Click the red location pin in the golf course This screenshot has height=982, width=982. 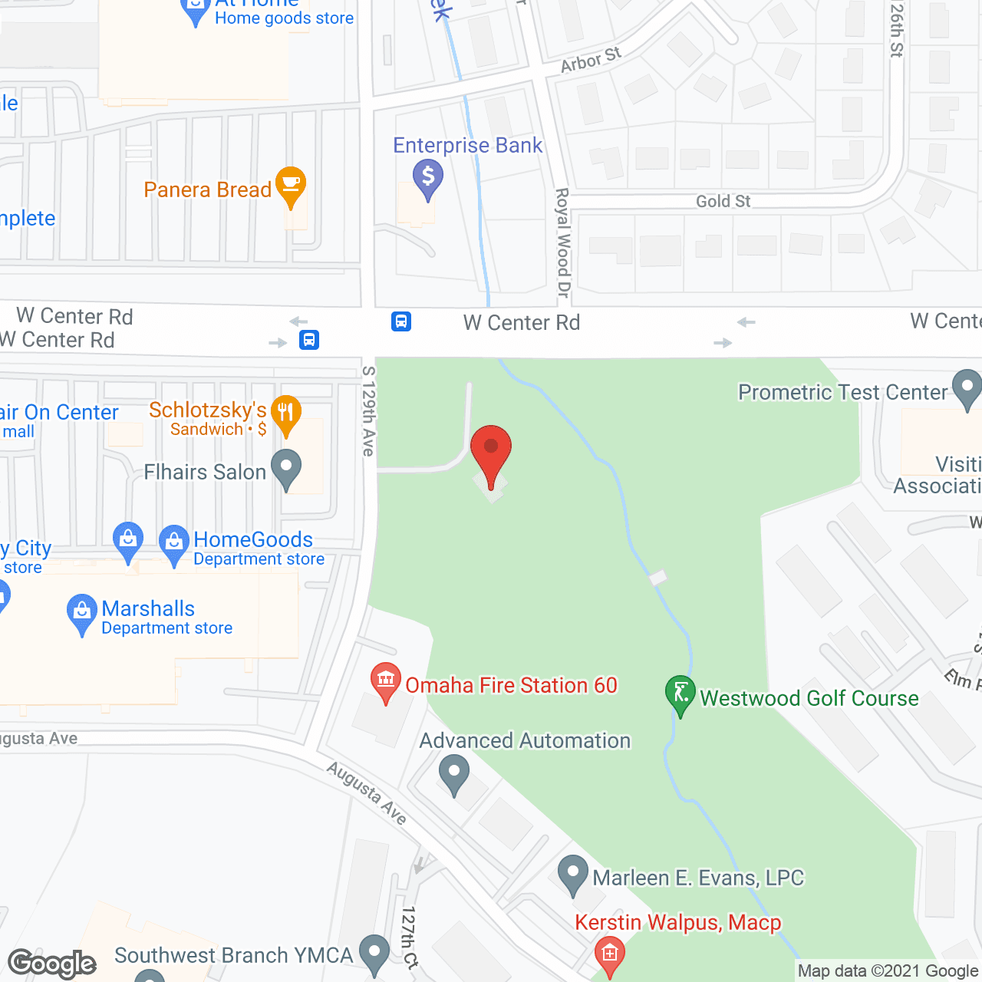tap(491, 453)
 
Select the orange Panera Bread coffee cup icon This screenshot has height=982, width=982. tap(291, 185)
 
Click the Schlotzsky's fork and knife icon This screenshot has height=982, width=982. tap(285, 416)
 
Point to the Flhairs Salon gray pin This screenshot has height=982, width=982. tap(286, 469)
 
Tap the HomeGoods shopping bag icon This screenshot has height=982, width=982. tap(174, 543)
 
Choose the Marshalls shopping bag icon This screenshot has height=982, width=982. tap(81, 613)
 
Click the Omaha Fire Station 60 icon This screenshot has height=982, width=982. tap(386, 680)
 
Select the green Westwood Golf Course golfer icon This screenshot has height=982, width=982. tap(680, 694)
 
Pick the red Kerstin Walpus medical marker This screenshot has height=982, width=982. tap(610, 955)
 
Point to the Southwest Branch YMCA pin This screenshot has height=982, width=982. tap(374, 954)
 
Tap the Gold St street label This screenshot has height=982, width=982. tap(723, 201)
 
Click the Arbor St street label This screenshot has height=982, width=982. tap(591, 60)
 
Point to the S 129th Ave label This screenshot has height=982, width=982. tap(369, 411)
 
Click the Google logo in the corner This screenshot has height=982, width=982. tap(52, 964)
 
